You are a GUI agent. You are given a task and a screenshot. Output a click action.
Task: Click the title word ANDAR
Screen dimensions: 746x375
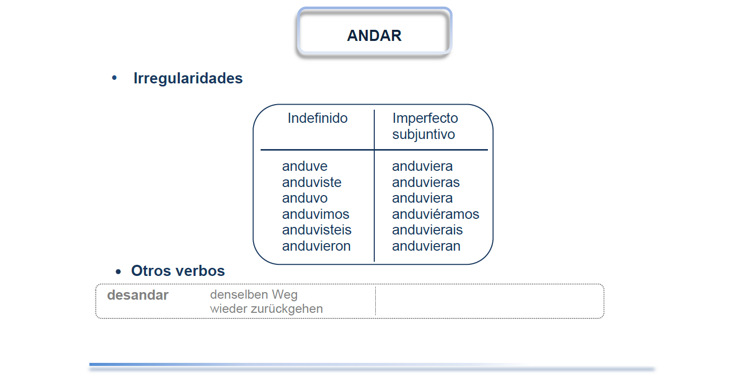(x=374, y=36)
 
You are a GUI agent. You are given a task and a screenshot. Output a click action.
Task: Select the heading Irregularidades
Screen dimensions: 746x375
(x=188, y=79)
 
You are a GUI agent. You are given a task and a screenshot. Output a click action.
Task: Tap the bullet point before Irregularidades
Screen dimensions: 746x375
(x=115, y=78)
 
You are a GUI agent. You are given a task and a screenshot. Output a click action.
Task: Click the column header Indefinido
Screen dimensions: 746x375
(x=317, y=118)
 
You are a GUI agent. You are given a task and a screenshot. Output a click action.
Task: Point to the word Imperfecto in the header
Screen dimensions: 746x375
(x=425, y=118)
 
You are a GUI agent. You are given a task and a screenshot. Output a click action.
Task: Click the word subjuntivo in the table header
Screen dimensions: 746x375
(x=423, y=134)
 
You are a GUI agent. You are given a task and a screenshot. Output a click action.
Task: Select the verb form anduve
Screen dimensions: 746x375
(x=305, y=166)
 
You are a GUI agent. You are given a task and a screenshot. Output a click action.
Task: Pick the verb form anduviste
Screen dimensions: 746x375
(x=312, y=182)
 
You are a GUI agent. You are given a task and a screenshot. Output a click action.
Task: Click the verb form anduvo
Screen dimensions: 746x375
(x=305, y=198)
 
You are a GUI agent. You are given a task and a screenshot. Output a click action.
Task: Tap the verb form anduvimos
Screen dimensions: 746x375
(x=316, y=214)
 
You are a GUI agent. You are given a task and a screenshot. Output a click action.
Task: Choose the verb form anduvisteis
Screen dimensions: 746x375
(x=317, y=229)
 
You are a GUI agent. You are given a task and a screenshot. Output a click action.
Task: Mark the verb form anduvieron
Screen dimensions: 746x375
(x=316, y=246)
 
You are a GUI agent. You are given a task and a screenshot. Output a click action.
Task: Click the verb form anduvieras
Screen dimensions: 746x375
(x=426, y=182)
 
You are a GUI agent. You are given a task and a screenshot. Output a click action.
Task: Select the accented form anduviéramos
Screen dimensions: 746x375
(x=435, y=214)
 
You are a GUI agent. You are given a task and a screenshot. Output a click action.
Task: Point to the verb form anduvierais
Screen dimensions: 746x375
(x=427, y=229)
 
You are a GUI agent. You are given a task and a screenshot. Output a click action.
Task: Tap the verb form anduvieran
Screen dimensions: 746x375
(x=426, y=246)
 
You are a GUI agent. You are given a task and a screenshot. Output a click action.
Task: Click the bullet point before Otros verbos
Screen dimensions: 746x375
(x=118, y=272)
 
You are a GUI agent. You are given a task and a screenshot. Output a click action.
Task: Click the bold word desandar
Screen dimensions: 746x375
(x=137, y=295)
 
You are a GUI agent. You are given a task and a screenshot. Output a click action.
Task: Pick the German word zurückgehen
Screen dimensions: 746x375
(x=287, y=309)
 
